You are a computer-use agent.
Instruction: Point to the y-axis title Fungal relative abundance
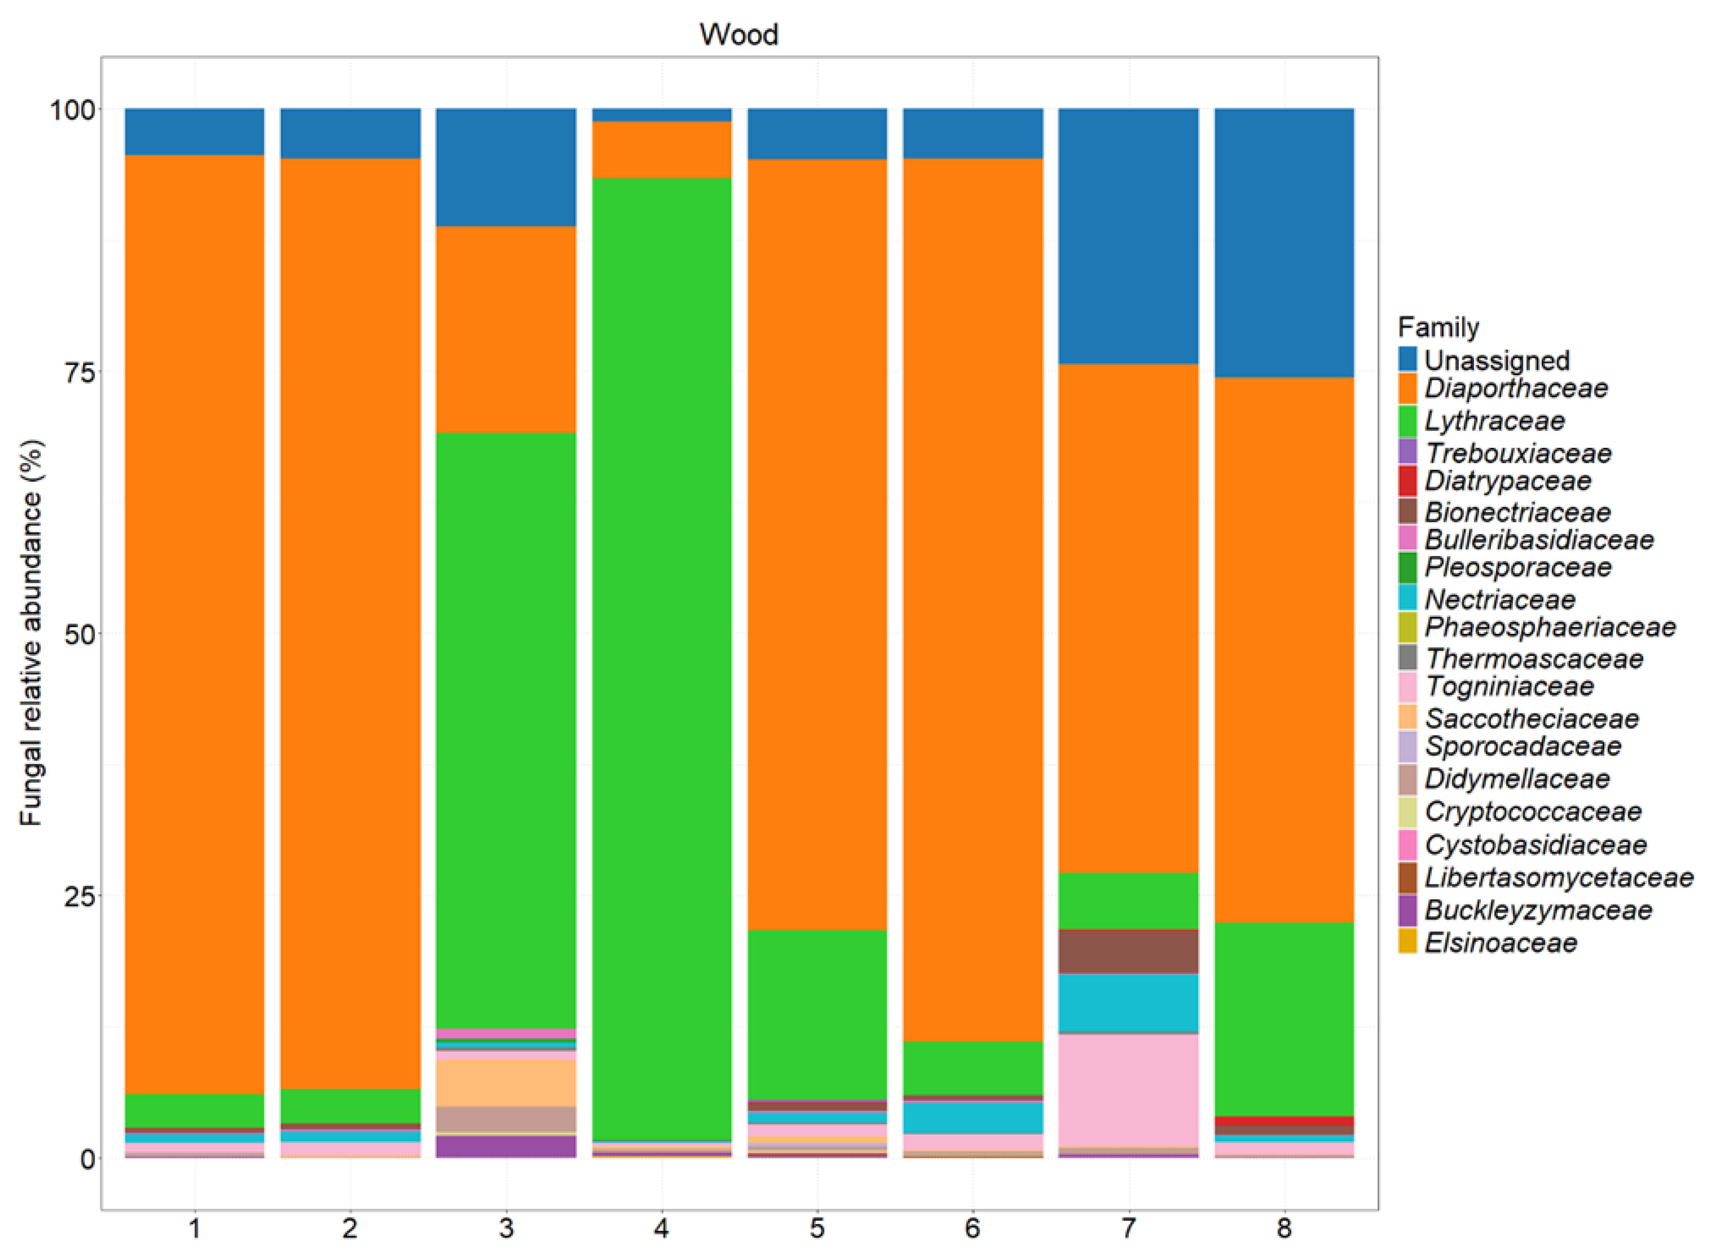pyautogui.click(x=32, y=632)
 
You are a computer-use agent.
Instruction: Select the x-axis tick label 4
pyautogui.click(x=661, y=1228)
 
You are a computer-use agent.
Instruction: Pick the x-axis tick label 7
pyautogui.click(x=1128, y=1228)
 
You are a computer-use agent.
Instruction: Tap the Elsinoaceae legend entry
pyautogui.click(x=1500, y=943)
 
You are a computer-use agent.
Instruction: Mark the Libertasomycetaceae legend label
pyautogui.click(x=1558, y=878)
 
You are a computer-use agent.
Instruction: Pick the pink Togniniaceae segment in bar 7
pyautogui.click(x=1128, y=1090)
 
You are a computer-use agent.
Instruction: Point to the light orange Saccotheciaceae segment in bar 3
pyautogui.click(x=506, y=1083)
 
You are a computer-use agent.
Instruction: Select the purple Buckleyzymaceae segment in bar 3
pyautogui.click(x=506, y=1146)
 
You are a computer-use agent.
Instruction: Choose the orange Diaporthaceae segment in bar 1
pyautogui.click(x=194, y=625)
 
